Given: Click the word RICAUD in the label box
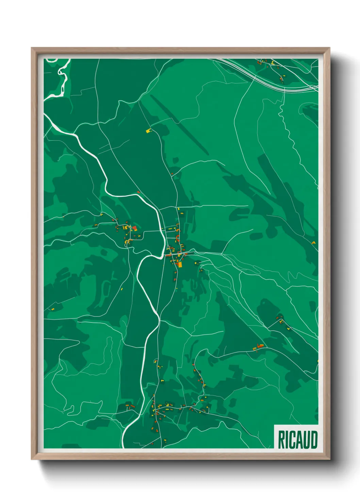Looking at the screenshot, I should (297, 440).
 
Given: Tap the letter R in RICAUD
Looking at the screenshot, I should (281, 440).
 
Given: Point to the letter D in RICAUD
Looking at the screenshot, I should (314, 440).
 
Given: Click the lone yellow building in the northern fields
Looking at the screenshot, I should (148, 130).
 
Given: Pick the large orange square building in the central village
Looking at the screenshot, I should (180, 264).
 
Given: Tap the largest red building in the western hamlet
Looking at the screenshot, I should (134, 228).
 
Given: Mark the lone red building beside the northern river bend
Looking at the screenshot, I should (138, 192).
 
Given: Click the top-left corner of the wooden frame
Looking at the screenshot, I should (32, 48).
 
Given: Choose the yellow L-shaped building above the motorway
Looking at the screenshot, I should (273, 63).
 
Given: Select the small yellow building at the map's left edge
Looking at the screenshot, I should (53, 309).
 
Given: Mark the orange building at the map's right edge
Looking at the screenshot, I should (313, 243).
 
